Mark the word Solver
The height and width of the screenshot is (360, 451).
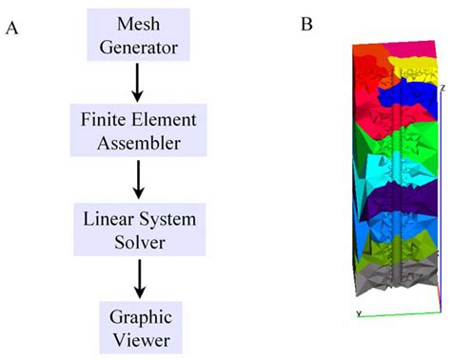pos(140,242)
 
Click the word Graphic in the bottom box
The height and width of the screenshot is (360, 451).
pos(140,315)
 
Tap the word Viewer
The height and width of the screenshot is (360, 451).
pos(140,338)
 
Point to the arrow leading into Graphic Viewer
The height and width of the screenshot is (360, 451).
pos(140,277)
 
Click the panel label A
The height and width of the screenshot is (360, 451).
pos(12,30)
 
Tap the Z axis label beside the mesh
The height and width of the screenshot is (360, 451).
pos(443,88)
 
